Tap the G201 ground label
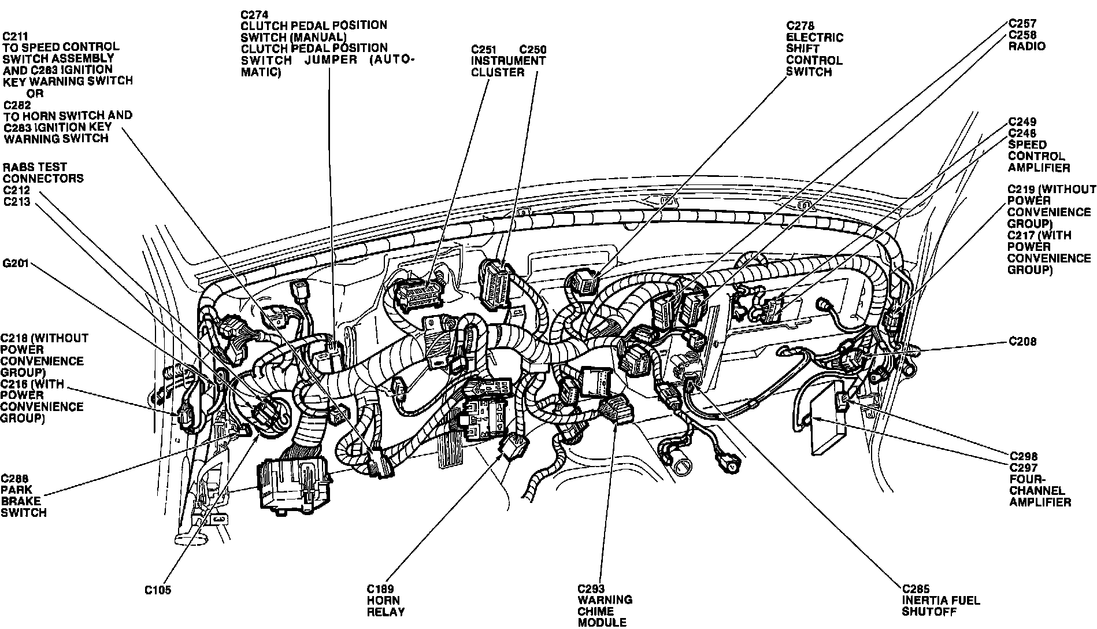tap(15, 264)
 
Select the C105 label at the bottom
tap(157, 590)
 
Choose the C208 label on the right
tap(1022, 342)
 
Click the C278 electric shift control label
tap(800, 26)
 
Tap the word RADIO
tap(1026, 46)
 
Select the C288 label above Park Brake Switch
tap(14, 478)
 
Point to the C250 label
tap(532, 49)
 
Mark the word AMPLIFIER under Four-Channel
tap(1040, 502)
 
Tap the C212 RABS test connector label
tap(16, 190)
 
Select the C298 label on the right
tap(1023, 456)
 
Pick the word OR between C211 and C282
tap(35, 93)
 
